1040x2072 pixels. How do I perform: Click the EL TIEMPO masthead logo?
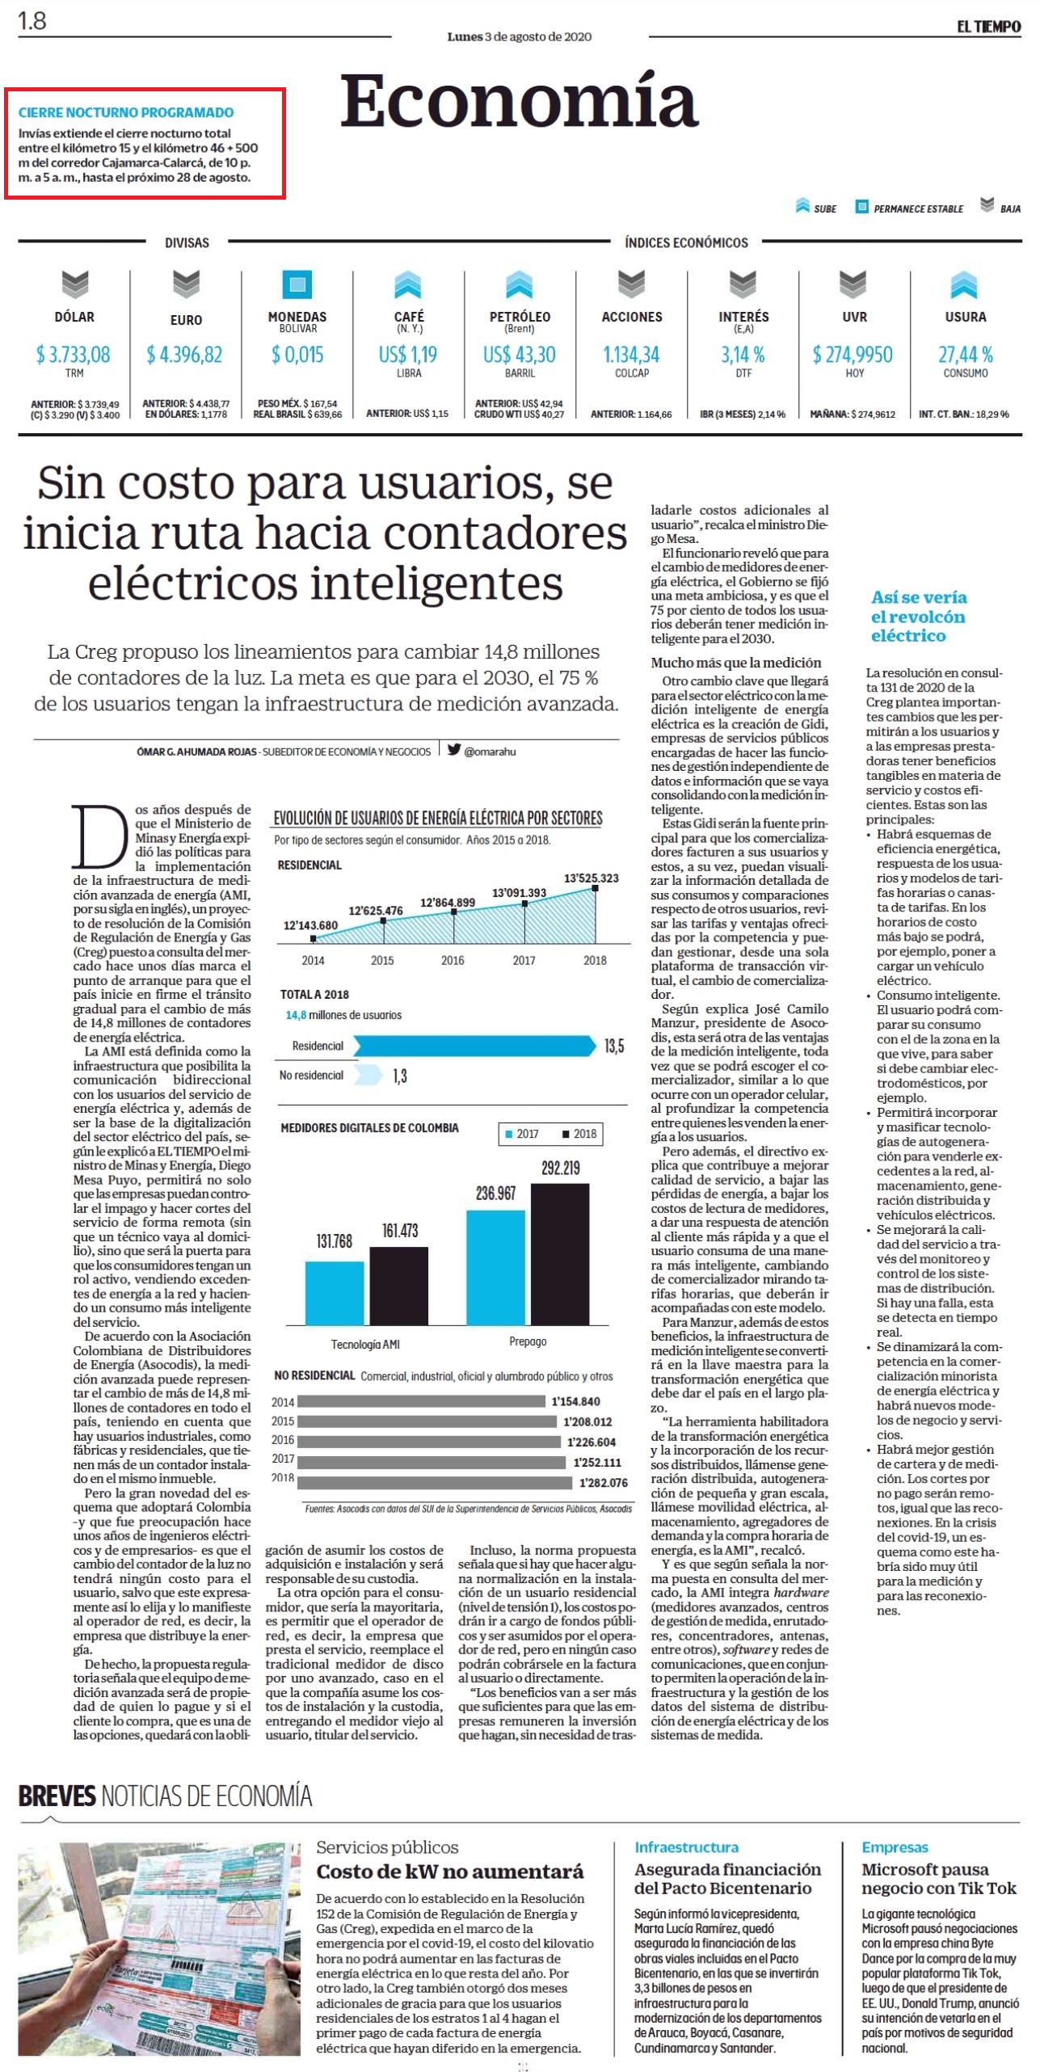(x=988, y=27)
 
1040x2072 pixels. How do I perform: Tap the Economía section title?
(x=518, y=101)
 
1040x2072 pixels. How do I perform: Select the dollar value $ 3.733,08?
(x=74, y=354)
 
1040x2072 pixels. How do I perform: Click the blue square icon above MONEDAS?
(x=297, y=284)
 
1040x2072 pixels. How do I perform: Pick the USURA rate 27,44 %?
(x=965, y=354)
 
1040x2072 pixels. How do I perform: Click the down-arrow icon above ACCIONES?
(x=631, y=284)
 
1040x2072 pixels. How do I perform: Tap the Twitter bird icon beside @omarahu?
(x=454, y=749)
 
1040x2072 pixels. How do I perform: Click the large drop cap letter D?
(x=100, y=836)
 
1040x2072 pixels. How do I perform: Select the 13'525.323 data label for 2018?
(x=592, y=878)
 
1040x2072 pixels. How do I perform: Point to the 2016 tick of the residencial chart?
(x=453, y=960)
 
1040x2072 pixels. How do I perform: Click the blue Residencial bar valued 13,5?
(x=474, y=1046)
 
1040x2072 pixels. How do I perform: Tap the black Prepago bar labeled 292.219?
(x=560, y=1253)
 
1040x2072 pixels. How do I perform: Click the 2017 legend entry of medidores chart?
(x=522, y=1134)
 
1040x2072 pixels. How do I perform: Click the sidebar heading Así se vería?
(x=919, y=597)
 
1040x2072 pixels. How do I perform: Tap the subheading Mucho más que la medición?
(x=736, y=662)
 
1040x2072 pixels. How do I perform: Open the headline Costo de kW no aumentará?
(x=449, y=1872)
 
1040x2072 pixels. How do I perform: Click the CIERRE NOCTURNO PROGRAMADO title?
(x=126, y=112)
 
